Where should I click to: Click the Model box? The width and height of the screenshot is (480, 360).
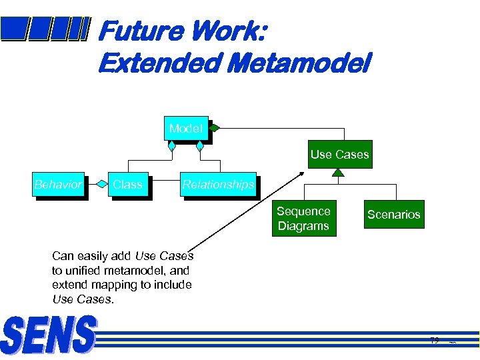pos(185,129)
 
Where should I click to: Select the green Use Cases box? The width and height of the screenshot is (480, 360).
pos(339,155)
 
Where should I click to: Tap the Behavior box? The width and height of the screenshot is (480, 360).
pos(58,185)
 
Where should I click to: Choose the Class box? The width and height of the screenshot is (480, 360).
pos(127,185)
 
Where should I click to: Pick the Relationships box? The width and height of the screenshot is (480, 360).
pos(218,185)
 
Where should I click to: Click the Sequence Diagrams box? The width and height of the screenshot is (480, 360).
pos(303,219)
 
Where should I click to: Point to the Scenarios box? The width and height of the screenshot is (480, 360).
pos(393,215)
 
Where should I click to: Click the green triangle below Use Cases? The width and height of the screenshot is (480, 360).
pos(339,173)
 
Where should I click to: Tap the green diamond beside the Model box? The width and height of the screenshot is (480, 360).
pos(215,127)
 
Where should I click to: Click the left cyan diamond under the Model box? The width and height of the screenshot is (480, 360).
pos(172,145)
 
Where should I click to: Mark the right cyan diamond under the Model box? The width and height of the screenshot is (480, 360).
pos(199,145)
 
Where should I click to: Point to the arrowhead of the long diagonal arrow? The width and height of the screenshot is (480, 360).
pos(301,175)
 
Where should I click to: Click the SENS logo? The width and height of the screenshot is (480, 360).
pos(49,335)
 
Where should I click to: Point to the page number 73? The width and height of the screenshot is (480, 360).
pos(435,341)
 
